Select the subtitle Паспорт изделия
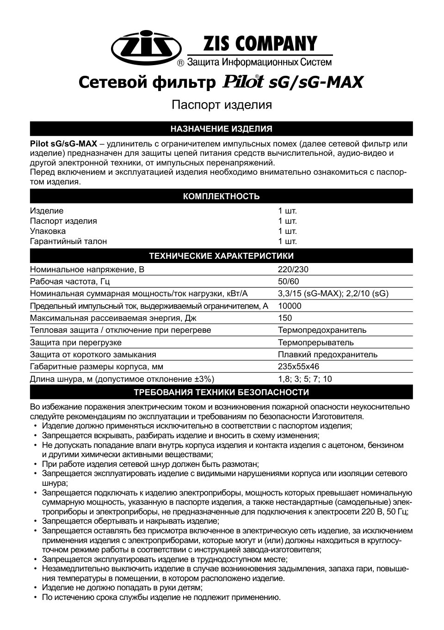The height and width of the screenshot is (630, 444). click(x=222, y=105)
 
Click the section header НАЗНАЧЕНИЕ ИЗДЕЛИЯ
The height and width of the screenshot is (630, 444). click(x=222, y=128)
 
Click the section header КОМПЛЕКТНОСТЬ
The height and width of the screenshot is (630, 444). click(x=222, y=196)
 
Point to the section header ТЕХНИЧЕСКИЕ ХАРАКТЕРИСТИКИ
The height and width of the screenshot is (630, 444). click(x=222, y=256)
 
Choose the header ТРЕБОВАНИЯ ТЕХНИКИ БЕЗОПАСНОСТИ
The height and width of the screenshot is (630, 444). click(x=222, y=392)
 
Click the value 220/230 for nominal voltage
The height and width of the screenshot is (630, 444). click(x=293, y=269)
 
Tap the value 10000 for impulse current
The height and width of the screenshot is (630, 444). click(x=290, y=306)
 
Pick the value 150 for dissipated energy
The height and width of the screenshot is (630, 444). click(x=285, y=318)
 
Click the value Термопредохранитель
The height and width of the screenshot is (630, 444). click(x=322, y=330)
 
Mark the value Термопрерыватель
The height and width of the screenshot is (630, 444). click(x=316, y=343)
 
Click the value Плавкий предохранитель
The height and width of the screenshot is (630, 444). click(x=327, y=355)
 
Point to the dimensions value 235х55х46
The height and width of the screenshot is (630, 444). click(x=298, y=367)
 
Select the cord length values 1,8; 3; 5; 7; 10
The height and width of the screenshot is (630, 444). click(x=305, y=379)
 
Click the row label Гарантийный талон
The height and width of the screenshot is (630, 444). click(x=68, y=241)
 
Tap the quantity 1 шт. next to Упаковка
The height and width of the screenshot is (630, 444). click(x=287, y=231)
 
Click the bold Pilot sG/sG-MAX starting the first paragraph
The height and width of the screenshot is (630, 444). click(x=63, y=143)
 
